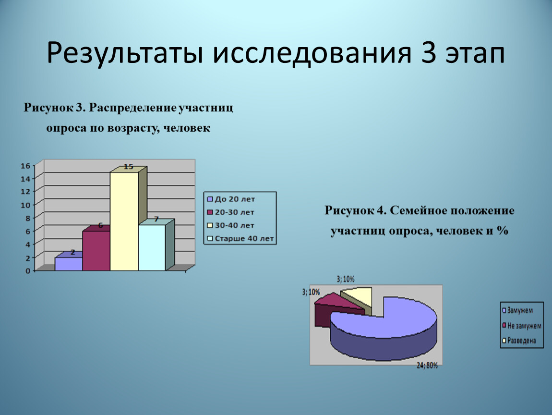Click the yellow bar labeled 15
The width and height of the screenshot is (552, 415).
coord(124,221)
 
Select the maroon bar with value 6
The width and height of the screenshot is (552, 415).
coord(96,250)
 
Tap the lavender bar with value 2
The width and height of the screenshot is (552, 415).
coord(69,264)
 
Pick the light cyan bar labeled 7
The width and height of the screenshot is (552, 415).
coord(152,247)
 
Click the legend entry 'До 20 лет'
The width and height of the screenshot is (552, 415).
coord(231,199)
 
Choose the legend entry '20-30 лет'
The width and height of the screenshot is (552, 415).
coord(230,212)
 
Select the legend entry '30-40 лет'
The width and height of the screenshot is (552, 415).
coord(230,225)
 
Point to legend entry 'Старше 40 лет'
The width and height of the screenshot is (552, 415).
coord(240,239)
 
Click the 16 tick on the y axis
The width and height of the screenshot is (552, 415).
coord(26,166)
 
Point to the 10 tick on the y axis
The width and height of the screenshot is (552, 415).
coord(26,205)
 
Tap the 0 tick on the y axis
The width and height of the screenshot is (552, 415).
coord(28,271)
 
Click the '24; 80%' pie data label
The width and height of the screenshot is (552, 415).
coord(427,366)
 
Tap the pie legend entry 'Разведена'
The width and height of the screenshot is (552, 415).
coord(519,341)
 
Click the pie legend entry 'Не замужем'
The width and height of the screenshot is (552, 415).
coord(522,326)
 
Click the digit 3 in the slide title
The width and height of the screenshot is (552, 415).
coord(429,53)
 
